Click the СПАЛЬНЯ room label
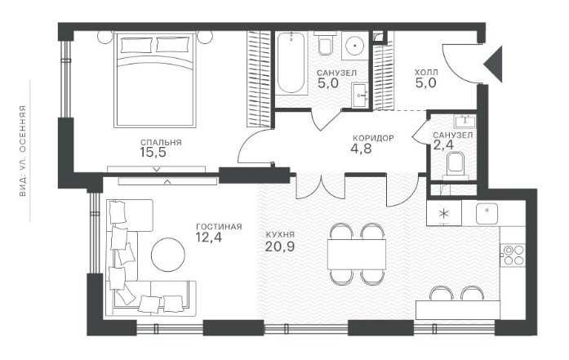coord(161,143)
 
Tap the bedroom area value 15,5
coord(153,153)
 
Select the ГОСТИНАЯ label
coord(219,227)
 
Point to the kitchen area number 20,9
coord(280,247)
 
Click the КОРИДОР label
coord(373,138)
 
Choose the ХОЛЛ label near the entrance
coord(426,73)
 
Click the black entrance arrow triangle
coord(493,64)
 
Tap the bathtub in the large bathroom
coord(291,63)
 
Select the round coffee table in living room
coord(168,255)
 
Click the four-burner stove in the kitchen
coord(513,255)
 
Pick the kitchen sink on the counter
coord(487,213)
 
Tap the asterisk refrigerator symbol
coord(444,213)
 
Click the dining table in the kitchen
coord(357,254)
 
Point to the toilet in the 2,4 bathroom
coord(456,166)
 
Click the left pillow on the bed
coord(136,46)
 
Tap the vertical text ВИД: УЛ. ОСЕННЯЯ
coord(23,151)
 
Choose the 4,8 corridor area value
coord(361,149)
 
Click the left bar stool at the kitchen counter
coord(441,293)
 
